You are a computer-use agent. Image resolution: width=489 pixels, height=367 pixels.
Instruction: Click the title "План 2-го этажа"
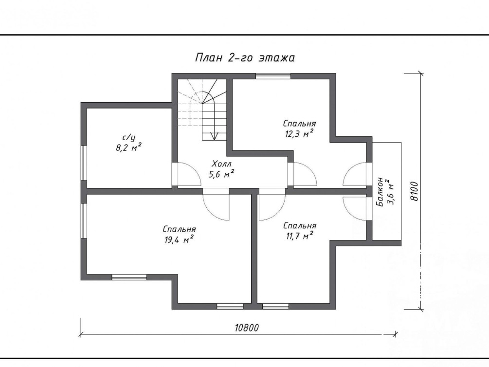click(x=245, y=58)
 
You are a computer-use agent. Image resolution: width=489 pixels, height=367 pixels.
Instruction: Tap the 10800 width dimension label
click(x=247, y=328)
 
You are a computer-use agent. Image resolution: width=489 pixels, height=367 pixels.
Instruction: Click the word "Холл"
click(x=222, y=164)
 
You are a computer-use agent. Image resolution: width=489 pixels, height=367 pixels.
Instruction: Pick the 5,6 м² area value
click(x=221, y=174)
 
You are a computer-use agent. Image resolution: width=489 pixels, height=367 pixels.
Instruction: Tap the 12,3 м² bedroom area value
click(x=299, y=133)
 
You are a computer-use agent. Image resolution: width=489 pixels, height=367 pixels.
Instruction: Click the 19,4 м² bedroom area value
click(x=179, y=239)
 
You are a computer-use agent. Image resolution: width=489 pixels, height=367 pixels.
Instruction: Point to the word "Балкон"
click(x=380, y=192)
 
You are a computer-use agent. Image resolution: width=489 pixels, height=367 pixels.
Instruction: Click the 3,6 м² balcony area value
click(x=390, y=192)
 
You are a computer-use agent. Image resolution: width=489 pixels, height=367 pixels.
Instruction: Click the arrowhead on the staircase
click(x=214, y=136)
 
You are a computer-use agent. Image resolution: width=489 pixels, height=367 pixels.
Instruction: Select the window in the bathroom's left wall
click(x=84, y=163)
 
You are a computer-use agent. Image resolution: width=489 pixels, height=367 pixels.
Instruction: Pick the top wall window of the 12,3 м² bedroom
click(x=273, y=76)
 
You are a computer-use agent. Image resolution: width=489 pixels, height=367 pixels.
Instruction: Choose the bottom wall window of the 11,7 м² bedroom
click(x=276, y=307)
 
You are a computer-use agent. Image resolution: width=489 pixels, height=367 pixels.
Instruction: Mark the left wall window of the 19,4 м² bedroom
click(x=84, y=221)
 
